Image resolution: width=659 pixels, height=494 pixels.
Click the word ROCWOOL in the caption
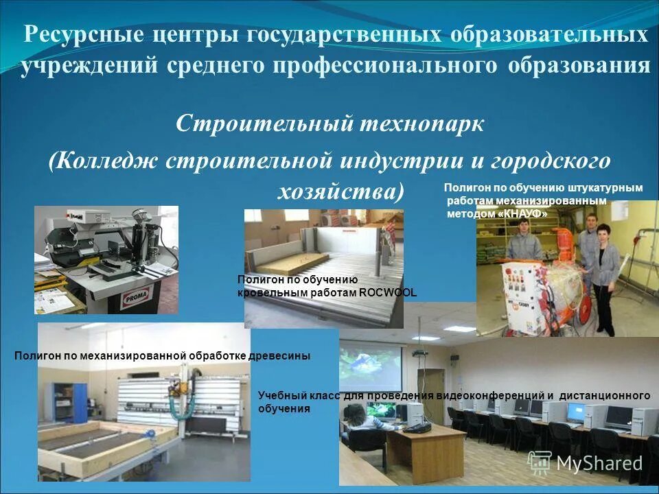[x=388, y=293]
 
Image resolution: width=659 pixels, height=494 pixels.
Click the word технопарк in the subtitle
[x=421, y=124]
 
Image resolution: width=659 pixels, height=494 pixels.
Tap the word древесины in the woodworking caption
[x=281, y=355]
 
